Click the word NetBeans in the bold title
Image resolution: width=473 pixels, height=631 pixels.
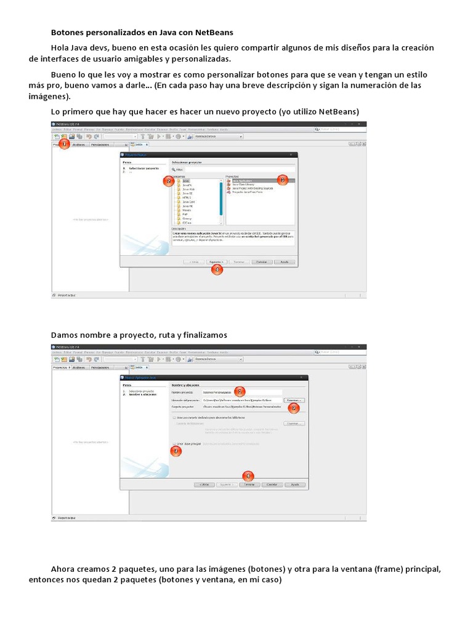[x=214, y=32]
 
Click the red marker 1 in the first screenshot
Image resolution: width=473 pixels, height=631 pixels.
[x=63, y=144]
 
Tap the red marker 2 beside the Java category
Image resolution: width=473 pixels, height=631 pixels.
[x=168, y=181]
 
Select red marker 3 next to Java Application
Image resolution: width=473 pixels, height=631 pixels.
[x=283, y=180]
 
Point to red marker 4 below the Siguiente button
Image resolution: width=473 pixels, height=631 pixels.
[x=216, y=269]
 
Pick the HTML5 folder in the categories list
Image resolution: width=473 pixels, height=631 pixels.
[x=187, y=197]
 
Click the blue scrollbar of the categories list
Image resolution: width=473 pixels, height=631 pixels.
[x=220, y=197]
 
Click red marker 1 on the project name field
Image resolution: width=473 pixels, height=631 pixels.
[x=240, y=391]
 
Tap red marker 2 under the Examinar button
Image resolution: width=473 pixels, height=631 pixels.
[x=294, y=408]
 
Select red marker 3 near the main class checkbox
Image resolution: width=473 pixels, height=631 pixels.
[x=176, y=451]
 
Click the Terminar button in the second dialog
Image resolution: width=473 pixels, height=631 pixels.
[x=248, y=484]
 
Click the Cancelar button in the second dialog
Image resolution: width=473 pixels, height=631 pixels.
[x=271, y=484]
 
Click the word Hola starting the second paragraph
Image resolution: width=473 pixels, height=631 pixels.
[x=60, y=48]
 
